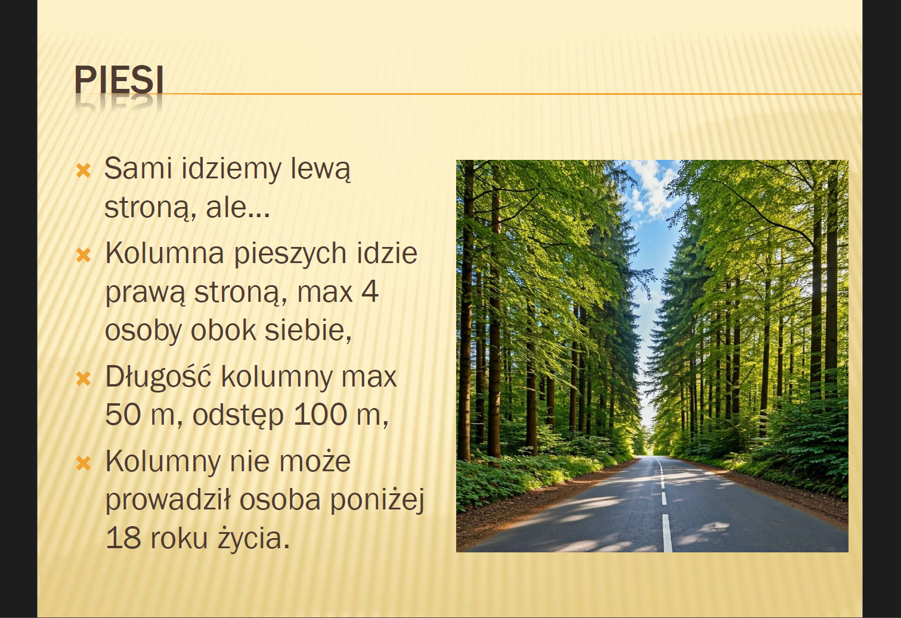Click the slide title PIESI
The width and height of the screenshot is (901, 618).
click(119, 79)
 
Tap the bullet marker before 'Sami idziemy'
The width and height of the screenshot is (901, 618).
click(83, 171)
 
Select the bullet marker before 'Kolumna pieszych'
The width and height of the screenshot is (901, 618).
click(83, 255)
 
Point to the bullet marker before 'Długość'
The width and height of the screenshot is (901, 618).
click(83, 379)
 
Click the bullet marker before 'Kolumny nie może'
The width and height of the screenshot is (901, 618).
click(83, 463)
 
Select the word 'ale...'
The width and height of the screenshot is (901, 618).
click(238, 208)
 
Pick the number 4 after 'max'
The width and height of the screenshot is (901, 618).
click(370, 292)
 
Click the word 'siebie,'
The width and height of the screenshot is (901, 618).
click(308, 331)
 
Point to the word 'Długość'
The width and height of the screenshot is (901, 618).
click(158, 376)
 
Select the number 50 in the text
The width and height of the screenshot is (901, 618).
click(123, 415)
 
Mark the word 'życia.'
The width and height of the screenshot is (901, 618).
click(254, 539)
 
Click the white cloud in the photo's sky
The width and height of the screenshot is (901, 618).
click(653, 189)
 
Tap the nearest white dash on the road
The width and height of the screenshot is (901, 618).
click(667, 533)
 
